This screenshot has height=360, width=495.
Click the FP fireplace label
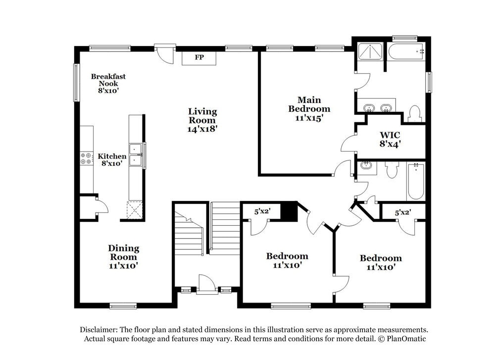coord(199,57)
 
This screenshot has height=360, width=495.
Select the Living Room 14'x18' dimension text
coord(202,128)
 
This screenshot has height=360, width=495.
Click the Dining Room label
coord(124,253)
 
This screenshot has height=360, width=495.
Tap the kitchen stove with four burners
coord(86,158)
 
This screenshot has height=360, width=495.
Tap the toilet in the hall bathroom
coord(392,170)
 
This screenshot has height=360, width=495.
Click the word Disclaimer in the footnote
coord(99,330)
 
